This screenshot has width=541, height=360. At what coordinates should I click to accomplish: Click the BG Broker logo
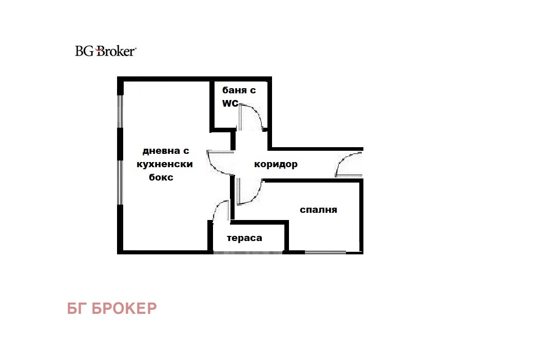point(106,51)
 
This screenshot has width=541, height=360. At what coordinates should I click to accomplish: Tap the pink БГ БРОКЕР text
point(112,308)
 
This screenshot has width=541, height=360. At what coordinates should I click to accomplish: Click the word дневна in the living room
point(161,151)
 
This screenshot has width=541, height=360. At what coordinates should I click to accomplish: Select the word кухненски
point(165,164)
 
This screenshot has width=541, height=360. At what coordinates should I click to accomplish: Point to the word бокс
point(161,177)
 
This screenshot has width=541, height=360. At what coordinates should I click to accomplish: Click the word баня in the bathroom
point(234,90)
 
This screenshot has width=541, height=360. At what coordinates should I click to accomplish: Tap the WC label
point(230,103)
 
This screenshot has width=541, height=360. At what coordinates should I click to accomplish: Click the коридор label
point(276,164)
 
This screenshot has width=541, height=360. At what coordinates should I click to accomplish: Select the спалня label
point(318,210)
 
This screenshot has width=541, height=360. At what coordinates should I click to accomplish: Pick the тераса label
point(244,238)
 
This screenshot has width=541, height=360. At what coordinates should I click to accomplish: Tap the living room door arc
point(220,163)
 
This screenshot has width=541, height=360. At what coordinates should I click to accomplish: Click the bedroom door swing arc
point(250,192)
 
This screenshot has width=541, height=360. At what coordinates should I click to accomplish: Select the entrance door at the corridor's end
point(349,165)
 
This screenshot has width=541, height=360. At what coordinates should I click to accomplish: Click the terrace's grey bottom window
point(248,252)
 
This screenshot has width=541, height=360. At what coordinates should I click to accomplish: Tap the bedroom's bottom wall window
point(325,252)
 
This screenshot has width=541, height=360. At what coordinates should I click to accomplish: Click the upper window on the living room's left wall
point(120,112)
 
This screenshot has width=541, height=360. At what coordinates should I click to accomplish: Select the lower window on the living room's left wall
point(120,183)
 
